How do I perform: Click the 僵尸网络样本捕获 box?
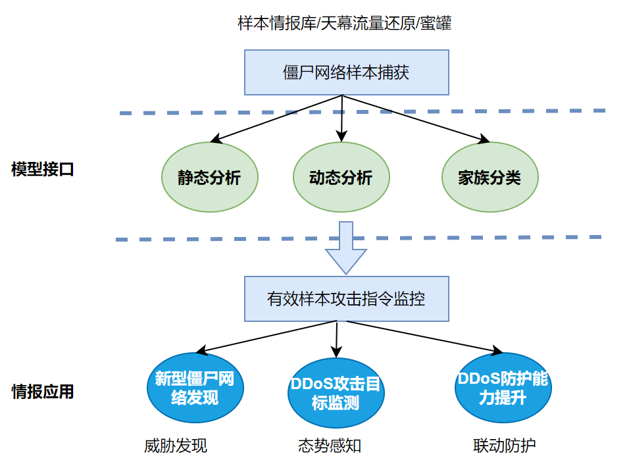[346, 72]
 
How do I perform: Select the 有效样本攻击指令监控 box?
[346, 299]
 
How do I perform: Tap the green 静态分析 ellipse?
[209, 178]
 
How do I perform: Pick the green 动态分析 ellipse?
[341, 178]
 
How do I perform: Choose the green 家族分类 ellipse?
[490, 178]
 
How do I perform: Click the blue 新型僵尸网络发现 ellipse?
[194, 388]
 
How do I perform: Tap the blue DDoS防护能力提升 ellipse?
[503, 388]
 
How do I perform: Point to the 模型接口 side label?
[43, 169]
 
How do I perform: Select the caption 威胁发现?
[176, 446]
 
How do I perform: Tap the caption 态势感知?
[330, 446]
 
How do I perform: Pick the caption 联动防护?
[505, 446]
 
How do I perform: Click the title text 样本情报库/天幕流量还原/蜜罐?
[344, 24]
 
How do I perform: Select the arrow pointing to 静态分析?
[276, 118]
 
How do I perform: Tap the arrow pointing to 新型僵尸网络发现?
[266, 336]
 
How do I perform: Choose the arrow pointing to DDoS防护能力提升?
[418, 336]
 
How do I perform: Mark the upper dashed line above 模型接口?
[362, 112]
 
